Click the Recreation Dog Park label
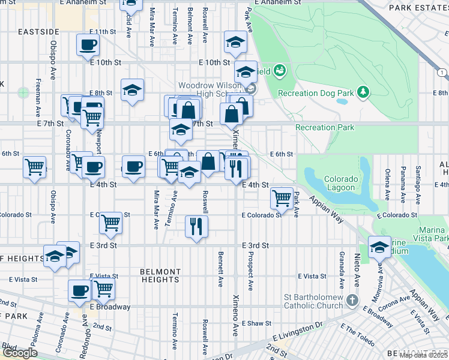316,93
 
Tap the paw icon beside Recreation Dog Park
279,72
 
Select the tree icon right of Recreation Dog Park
363,92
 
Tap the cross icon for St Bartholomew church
352,299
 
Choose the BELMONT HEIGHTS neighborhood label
160,275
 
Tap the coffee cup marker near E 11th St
88,44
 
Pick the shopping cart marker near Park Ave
282,196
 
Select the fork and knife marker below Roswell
196,226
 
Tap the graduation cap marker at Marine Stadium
379,247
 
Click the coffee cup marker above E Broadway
79,291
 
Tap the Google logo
20,353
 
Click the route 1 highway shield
442,73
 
